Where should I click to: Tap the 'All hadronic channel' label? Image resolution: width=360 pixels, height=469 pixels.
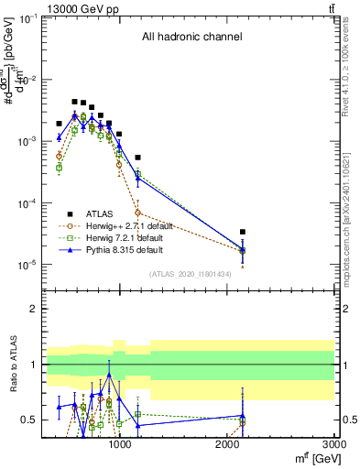(191, 38)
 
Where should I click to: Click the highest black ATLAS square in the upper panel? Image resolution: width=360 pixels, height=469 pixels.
(75, 102)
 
